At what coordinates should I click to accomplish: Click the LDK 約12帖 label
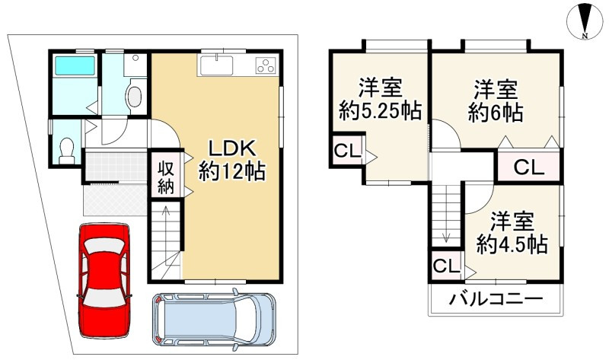click(x=231, y=159)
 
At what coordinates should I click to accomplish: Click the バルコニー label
click(x=495, y=298)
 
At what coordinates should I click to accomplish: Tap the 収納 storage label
click(x=166, y=176)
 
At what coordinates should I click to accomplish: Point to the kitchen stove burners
click(x=265, y=65)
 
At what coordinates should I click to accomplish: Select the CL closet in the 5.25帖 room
click(x=347, y=151)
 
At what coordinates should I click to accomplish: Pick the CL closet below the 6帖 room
click(x=528, y=167)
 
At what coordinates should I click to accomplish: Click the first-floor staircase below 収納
click(x=166, y=244)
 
